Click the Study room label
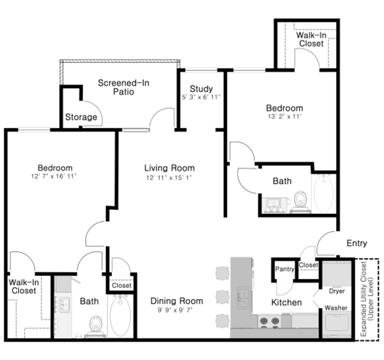coord(201,88)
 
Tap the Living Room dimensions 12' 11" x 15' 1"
coord(168,177)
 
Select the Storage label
coord(81,117)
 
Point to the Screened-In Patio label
coord(123,87)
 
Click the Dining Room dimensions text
coord(175,310)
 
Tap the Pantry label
coord(284,269)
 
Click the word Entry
coord(357,243)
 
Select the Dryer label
coord(336,291)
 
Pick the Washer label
coord(336,307)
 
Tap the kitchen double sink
coord(243,298)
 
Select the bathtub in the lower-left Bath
coord(120,316)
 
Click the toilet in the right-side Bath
coord(300,202)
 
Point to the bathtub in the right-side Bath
coord(323,193)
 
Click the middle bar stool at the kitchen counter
coord(222,297)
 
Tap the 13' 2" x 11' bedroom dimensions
coord(284,116)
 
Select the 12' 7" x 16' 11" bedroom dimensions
coord(54,176)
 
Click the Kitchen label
coord(286,302)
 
